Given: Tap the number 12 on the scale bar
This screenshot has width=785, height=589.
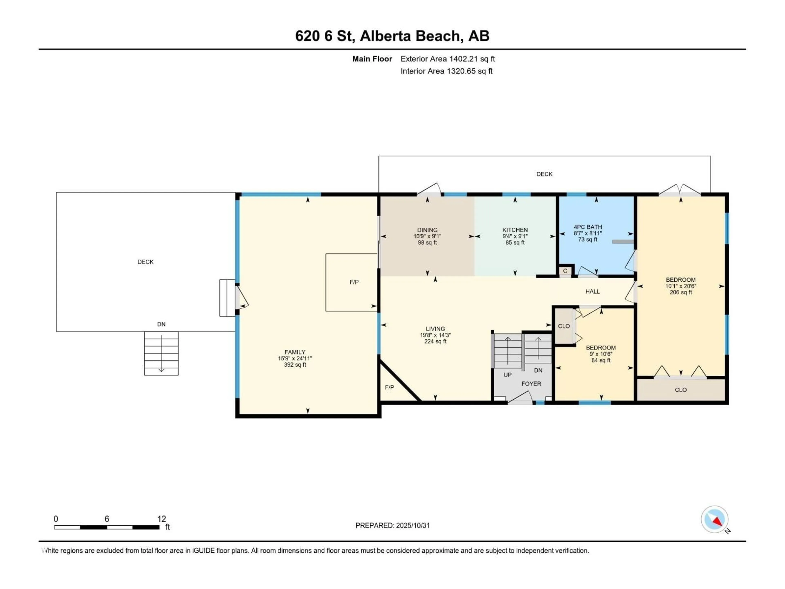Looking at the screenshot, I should coord(161,519).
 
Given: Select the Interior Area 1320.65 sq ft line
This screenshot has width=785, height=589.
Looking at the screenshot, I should coord(446,71).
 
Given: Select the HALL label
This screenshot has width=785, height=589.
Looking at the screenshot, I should coord(592,291).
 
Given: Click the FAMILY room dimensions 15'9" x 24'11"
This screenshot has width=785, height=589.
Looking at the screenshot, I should coord(295,359).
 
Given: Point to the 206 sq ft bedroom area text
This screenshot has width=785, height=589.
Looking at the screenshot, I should coord(681,292).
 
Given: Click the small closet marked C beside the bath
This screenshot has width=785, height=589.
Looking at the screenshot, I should coord(565,271).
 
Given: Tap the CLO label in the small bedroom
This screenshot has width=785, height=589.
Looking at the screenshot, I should coord(564,326).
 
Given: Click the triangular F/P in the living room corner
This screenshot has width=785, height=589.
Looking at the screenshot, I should coord(389,387).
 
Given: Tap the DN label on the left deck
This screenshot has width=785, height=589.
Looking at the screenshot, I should coord(161,324).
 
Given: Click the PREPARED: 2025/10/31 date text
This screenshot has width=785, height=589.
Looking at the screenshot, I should coord(392,525).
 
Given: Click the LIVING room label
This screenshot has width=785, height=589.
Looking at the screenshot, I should coord(435,329).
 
